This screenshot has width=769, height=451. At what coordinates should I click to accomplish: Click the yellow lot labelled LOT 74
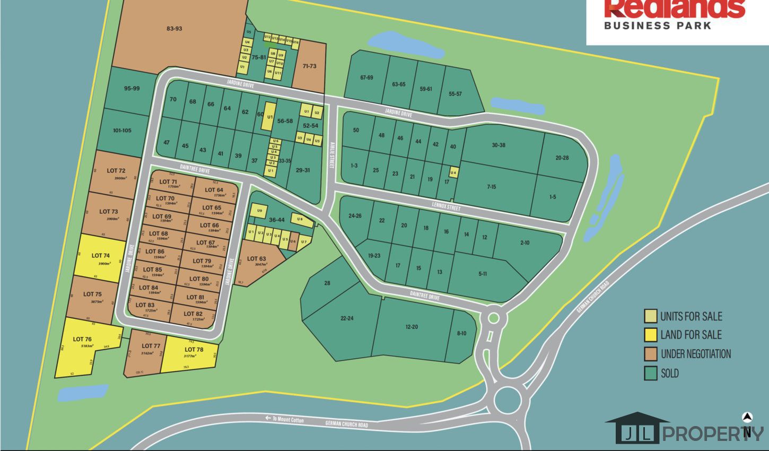point(101,258)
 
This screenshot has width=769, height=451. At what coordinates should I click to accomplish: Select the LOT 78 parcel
point(194,352)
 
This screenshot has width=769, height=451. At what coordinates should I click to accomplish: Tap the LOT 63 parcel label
point(256,259)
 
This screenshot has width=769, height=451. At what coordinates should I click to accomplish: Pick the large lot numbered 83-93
point(174,29)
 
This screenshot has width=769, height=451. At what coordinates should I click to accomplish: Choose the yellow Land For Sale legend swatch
point(650,335)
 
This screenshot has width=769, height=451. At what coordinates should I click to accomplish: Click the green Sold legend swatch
point(650,374)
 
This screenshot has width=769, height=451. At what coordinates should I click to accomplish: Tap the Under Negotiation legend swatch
point(650,354)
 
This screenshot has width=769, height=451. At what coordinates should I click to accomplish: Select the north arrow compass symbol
point(747,418)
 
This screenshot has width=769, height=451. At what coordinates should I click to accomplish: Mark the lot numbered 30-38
point(498,145)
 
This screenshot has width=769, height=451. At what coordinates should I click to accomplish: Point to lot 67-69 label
point(366,77)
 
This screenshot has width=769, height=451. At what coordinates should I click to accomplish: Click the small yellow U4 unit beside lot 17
point(453,172)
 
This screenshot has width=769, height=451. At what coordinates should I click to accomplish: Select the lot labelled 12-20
point(412,327)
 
